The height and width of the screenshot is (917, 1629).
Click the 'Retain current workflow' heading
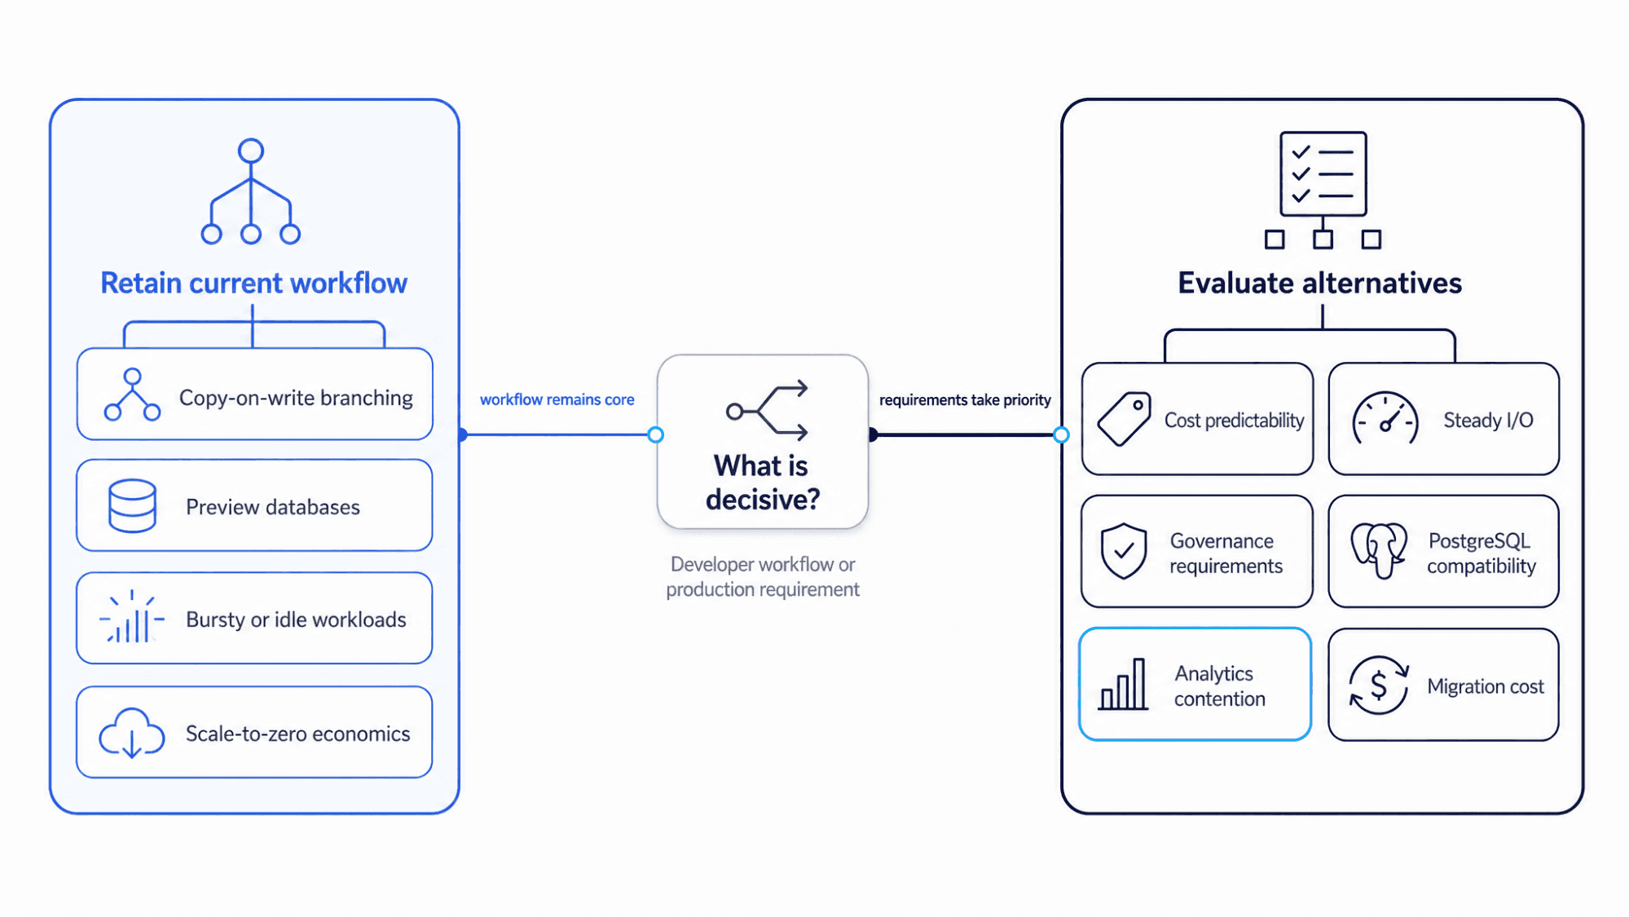click(253, 283)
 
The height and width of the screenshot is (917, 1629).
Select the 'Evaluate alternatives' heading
click(1319, 283)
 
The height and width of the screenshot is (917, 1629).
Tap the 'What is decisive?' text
click(762, 482)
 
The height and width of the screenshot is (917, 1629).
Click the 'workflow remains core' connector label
click(557, 399)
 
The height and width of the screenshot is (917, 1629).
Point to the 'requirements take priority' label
click(965, 400)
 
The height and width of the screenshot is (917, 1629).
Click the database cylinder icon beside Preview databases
click(132, 505)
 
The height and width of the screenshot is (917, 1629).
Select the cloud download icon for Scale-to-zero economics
click(131, 732)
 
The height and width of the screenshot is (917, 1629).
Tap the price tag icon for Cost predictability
click(1124, 419)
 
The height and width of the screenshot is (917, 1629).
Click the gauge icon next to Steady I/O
click(1385, 418)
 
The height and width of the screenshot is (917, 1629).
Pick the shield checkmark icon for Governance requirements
click(1123, 551)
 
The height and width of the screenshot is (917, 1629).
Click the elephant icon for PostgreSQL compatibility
click(1379, 550)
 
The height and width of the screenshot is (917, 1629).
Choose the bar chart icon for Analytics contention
click(1123, 685)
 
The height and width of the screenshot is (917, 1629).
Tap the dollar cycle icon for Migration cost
click(1378, 686)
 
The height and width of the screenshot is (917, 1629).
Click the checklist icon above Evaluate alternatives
click(1323, 190)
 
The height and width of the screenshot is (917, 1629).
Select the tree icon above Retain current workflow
click(251, 192)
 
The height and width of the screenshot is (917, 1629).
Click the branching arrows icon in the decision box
click(768, 410)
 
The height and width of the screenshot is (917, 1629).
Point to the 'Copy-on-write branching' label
click(296, 398)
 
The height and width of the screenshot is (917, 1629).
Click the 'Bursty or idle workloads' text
click(296, 619)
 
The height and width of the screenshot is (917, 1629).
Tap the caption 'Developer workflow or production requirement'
click(763, 576)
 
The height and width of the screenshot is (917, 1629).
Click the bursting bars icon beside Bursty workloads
click(131, 617)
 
